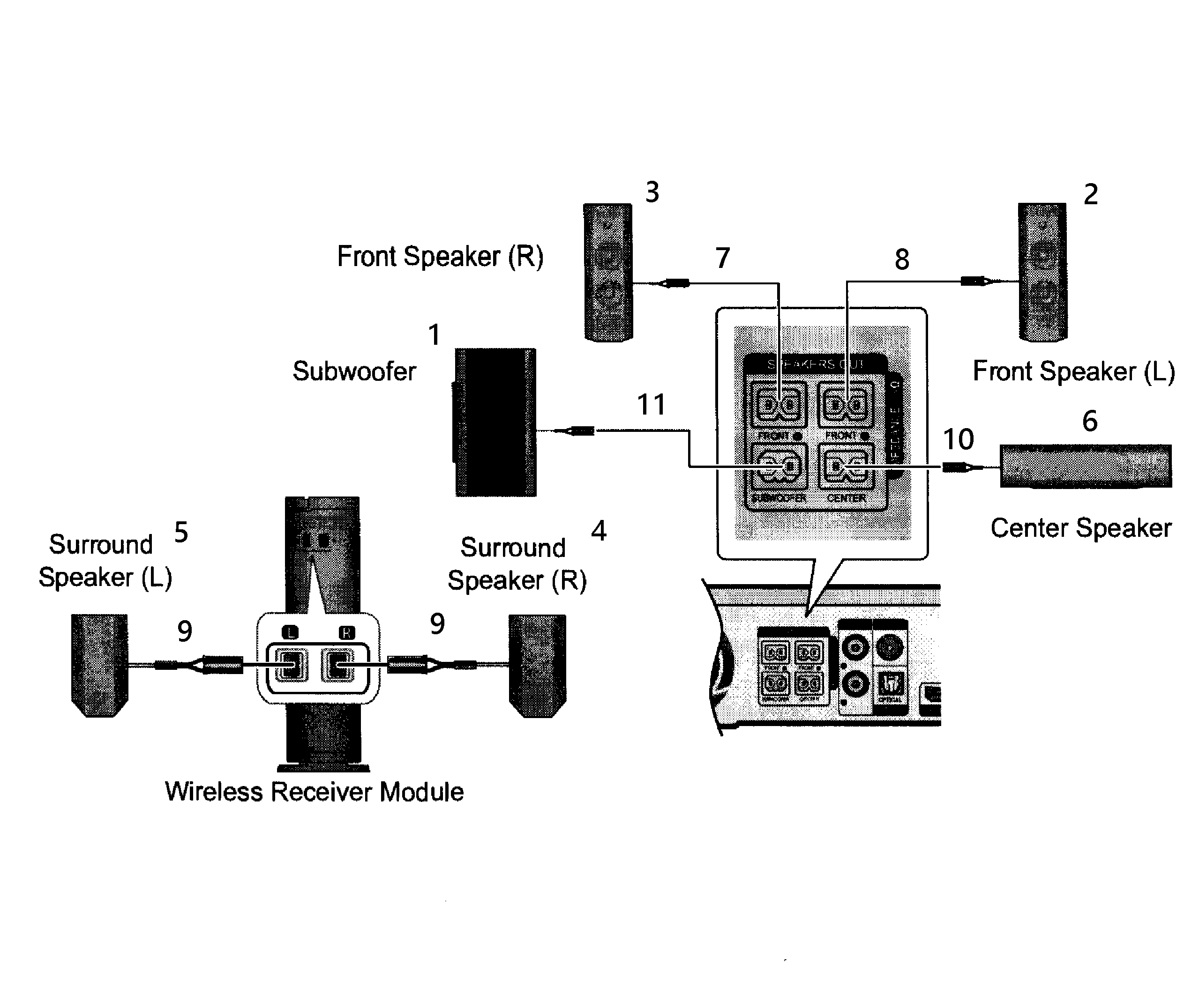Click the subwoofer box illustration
pyautogui.click(x=495, y=423)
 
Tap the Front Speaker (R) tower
pyautogui.click(x=607, y=272)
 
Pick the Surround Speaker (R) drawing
pyautogui.click(x=537, y=666)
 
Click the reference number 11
pyautogui.click(x=651, y=405)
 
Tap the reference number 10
pyautogui.click(x=958, y=439)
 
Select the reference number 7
pyautogui.click(x=722, y=258)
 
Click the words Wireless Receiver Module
pyautogui.click(x=314, y=792)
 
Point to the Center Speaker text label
pyautogui.click(x=1080, y=528)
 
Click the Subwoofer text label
pyautogui.click(x=354, y=371)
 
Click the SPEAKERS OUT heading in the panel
pyautogui.click(x=815, y=364)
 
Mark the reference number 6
pyautogui.click(x=1089, y=421)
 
